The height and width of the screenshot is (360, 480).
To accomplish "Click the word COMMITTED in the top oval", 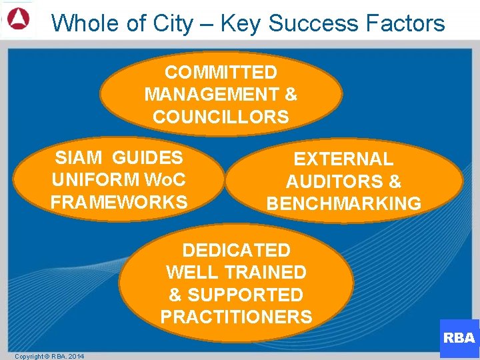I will point(221,72).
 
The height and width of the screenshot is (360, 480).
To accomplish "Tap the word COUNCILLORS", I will point(221,117).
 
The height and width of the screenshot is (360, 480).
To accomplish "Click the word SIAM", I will point(79,158).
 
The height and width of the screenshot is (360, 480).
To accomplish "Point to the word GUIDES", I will point(147,158).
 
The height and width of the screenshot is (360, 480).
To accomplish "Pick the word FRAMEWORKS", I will point(119,202).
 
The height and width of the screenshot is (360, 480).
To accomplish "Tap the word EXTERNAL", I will point(343,159).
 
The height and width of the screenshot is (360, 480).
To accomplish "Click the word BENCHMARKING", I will point(344,203).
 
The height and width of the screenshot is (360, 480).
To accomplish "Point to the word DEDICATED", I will point(236,251).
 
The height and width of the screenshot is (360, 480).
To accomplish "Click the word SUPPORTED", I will point(245,295).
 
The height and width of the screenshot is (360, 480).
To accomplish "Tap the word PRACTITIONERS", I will point(236,317).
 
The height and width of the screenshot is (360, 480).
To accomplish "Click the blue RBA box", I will point(459,338).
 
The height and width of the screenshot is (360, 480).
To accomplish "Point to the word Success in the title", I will point(315,23).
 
